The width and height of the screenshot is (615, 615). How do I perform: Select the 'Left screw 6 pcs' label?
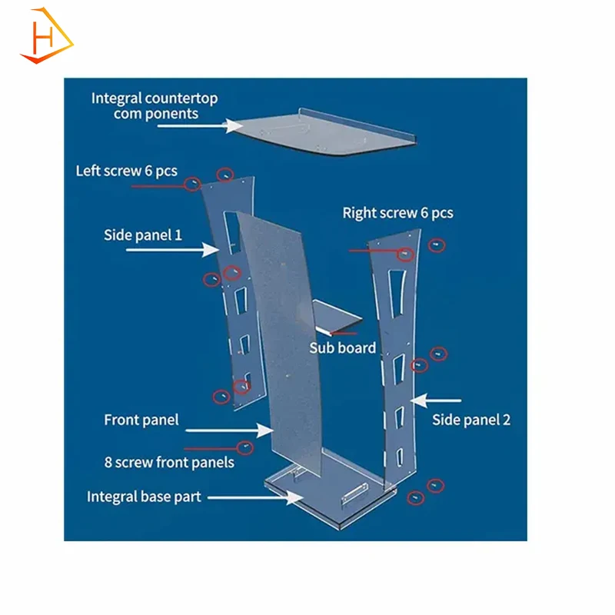point(125,171)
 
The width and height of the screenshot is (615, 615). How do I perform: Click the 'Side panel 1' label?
point(143,234)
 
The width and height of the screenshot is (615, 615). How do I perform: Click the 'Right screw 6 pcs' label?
point(397,212)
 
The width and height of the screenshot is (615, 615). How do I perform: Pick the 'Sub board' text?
point(342,347)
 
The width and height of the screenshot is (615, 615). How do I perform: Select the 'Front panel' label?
point(141,420)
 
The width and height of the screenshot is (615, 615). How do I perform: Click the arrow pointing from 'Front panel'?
point(231,432)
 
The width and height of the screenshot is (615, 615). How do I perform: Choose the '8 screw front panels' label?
point(169,463)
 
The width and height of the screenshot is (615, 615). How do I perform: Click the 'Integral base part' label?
point(144,497)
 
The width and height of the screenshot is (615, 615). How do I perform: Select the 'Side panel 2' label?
point(471,420)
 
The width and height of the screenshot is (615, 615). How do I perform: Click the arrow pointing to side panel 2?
point(436,401)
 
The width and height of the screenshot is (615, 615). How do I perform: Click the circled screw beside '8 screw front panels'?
point(245,446)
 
